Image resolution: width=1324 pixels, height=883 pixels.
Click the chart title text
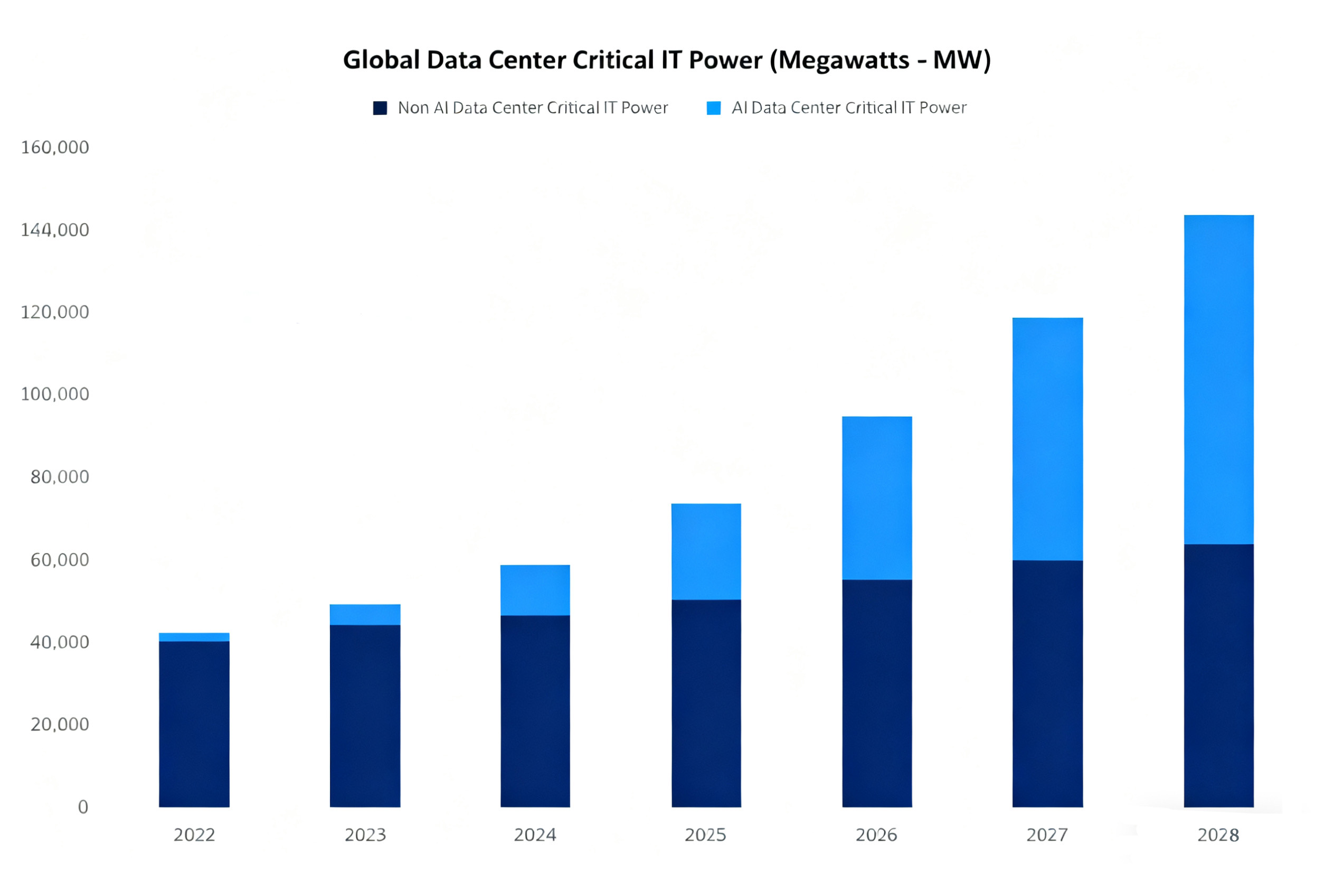[x=667, y=60]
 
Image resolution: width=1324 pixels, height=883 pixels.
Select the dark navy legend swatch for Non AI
[x=380, y=108]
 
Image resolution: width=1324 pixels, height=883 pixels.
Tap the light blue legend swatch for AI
[x=713, y=108]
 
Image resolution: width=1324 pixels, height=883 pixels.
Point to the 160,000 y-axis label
[x=54, y=147]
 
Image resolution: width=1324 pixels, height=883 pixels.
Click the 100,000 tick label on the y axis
[x=54, y=394]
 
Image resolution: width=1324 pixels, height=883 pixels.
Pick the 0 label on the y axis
[x=83, y=807]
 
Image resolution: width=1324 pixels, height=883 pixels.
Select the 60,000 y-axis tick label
[x=59, y=560]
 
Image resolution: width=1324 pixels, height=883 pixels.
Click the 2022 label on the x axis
[x=194, y=834]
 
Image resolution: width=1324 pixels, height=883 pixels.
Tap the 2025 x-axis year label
[x=705, y=834]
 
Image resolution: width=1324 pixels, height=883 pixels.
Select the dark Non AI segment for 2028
[x=1219, y=675]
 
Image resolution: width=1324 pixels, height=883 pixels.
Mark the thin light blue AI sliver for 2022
[x=194, y=637]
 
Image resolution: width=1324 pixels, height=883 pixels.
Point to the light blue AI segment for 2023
[x=365, y=614]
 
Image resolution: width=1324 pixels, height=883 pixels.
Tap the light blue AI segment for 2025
[x=706, y=551]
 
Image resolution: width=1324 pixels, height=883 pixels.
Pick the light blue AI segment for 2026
[x=877, y=498]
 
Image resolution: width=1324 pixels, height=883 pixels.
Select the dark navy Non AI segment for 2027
[x=1047, y=684]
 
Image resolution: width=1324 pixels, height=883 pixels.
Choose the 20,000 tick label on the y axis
[x=59, y=724]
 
